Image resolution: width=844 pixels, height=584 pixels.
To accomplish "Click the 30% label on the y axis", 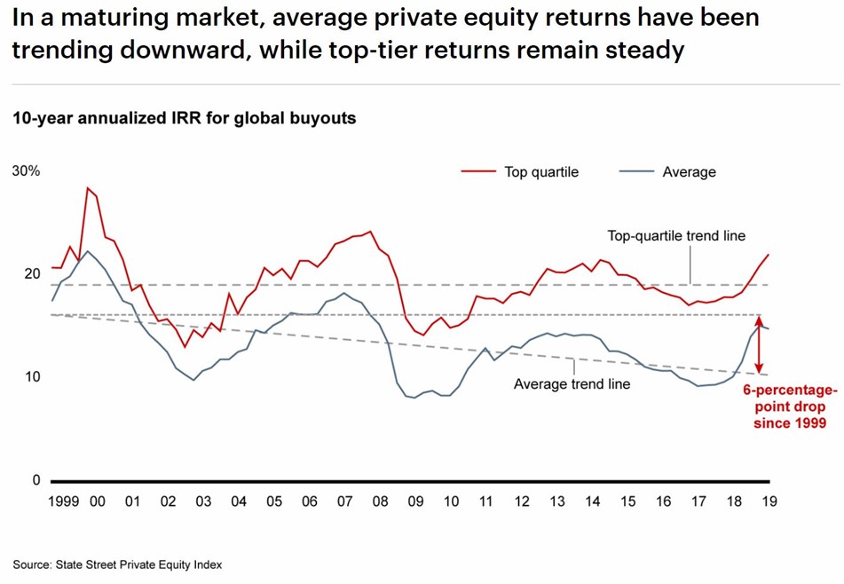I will pos(26,170).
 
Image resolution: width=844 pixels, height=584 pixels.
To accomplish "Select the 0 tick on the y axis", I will pos(35,480).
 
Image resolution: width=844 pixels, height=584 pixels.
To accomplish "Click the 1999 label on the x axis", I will pos(63,501).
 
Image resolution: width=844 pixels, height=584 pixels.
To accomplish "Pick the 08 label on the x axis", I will pos(380,501).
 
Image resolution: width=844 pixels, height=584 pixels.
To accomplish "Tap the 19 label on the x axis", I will pos(769,501).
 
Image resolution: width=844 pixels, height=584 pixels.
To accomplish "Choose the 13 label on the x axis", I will pos(556,501).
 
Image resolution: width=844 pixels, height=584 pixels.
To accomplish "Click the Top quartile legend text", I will pos(541,172).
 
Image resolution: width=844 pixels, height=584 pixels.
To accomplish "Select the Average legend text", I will pos(689,172).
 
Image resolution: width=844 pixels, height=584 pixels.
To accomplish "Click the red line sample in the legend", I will pos(478,171).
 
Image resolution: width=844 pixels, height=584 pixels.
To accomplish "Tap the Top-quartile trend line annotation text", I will pos(676,236).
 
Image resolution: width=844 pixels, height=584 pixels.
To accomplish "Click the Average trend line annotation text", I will pos(572,384).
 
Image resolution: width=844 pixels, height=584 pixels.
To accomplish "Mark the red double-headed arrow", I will pos(760,344).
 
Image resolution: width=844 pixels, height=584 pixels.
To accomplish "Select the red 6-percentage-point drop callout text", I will pos(790,406).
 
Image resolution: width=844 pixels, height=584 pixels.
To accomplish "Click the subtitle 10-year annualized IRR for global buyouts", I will pos(185,118).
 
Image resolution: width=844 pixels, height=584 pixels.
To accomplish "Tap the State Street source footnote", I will pos(117,564).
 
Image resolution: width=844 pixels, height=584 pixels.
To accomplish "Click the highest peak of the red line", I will pos(88,188).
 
